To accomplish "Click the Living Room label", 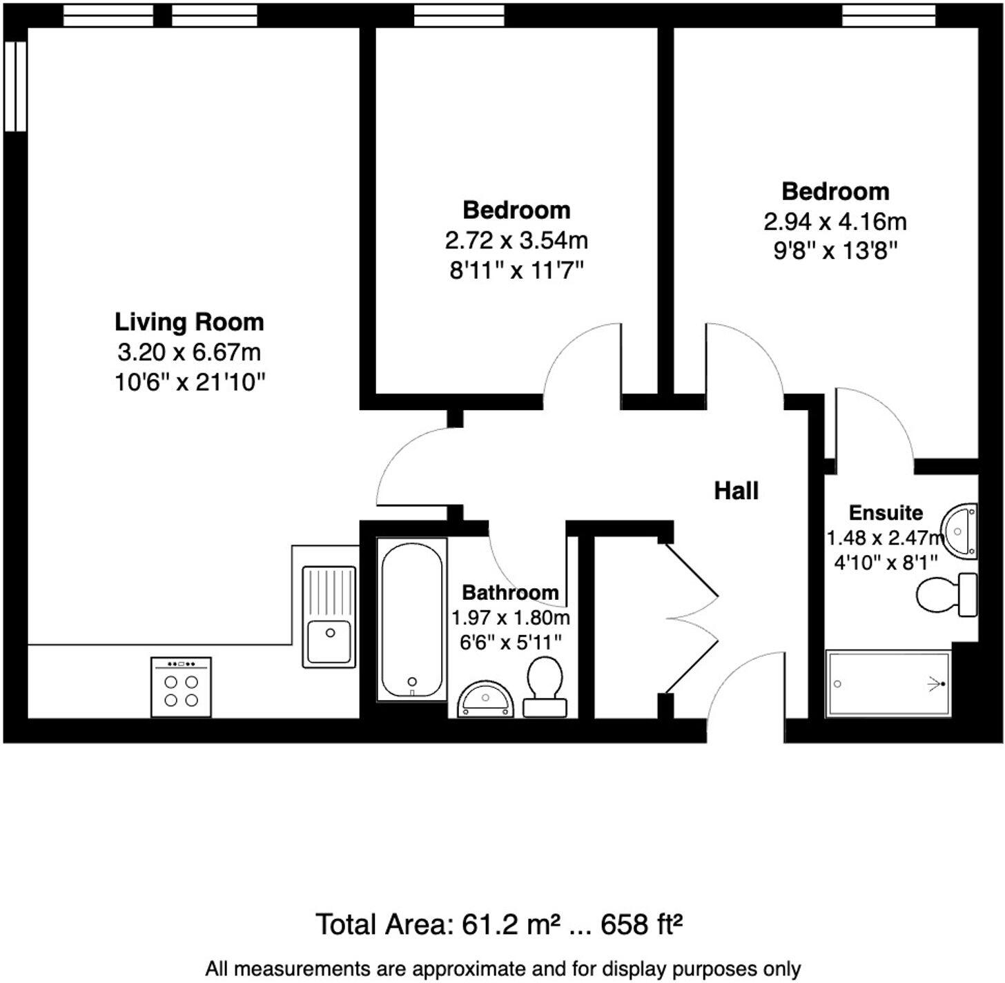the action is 189,322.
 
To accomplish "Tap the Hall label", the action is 736,491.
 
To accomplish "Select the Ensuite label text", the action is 886,513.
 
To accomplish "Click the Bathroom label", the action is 510,592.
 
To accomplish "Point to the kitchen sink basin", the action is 329,641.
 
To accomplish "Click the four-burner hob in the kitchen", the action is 181,687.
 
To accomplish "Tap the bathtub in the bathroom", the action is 411,619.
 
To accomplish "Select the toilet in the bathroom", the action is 545,687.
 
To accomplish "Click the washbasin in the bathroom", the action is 485,699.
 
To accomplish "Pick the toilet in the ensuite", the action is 946,594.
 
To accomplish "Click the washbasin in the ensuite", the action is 959,530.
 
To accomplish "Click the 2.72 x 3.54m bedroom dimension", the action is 516,241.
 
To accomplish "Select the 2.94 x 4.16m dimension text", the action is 835,222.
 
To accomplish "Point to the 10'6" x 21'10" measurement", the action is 190,382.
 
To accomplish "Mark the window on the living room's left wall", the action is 15,86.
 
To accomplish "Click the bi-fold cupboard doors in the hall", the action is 690,618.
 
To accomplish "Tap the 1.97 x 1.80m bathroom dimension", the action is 511,618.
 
